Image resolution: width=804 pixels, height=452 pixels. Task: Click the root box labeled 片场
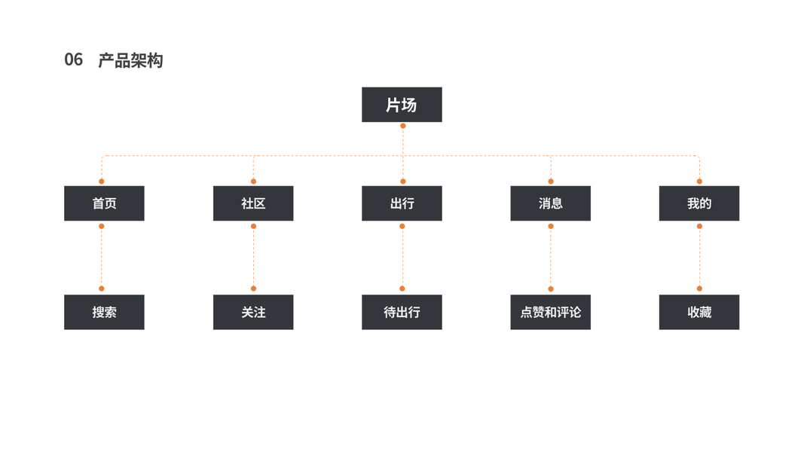(x=402, y=105)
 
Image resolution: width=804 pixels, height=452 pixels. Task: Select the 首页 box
(x=104, y=203)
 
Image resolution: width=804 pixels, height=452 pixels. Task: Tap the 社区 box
(x=253, y=203)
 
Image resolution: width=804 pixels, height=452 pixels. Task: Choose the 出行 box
(x=402, y=203)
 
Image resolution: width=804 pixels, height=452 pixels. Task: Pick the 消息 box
(x=550, y=203)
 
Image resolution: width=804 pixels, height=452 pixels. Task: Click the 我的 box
(x=699, y=203)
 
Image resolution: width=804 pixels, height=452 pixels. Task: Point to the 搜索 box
(x=104, y=312)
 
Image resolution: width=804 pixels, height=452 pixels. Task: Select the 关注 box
(x=253, y=312)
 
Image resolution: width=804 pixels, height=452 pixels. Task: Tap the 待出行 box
(x=402, y=312)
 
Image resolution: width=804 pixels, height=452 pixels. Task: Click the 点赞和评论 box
(x=550, y=312)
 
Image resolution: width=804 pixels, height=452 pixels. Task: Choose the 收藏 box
(x=699, y=312)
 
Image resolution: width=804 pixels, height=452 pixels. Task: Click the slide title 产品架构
(x=130, y=60)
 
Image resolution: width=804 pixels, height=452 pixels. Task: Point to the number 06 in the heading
(x=73, y=60)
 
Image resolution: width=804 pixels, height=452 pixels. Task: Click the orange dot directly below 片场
(x=403, y=126)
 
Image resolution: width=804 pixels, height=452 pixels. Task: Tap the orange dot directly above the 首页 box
(x=102, y=182)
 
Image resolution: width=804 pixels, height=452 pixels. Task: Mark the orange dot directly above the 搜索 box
(x=102, y=289)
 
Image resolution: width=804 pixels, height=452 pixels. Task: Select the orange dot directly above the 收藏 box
(x=699, y=289)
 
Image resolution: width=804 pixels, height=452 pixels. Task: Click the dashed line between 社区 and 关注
(x=253, y=257)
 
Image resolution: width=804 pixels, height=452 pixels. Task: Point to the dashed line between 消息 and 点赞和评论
(x=551, y=257)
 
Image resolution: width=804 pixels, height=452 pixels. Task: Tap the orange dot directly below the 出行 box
(x=402, y=226)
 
